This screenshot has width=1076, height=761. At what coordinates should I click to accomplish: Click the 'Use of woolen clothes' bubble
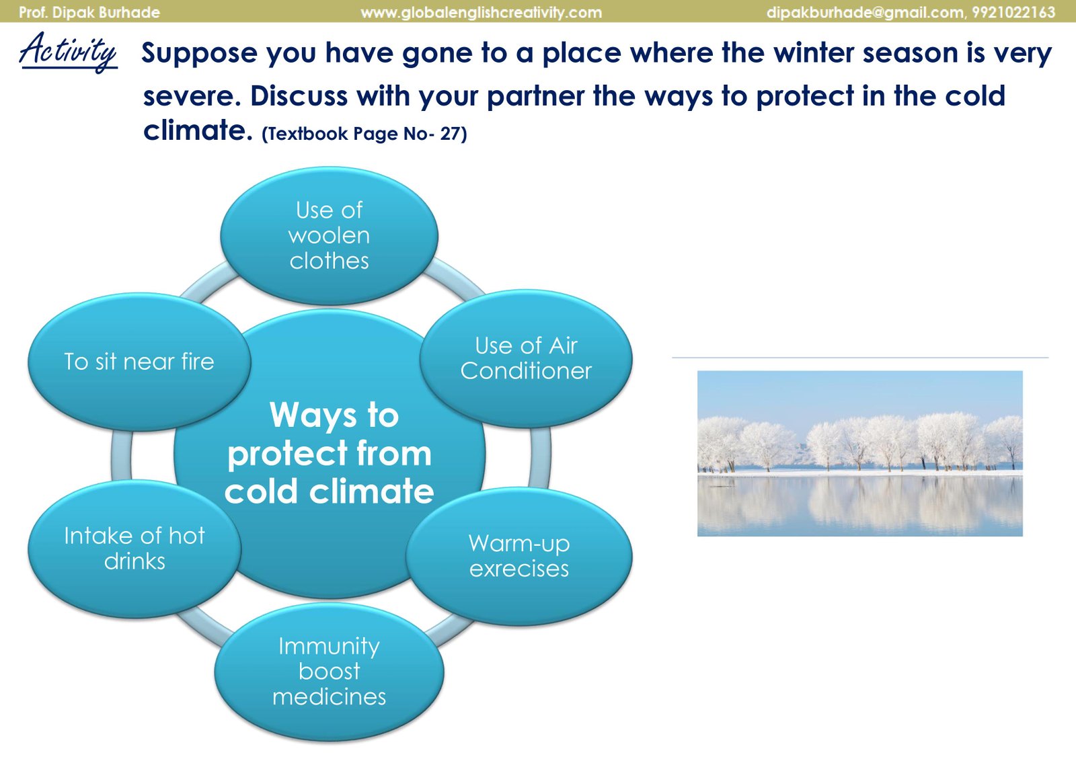329,236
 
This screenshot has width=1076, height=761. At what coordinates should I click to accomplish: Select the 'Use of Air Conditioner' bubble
526,358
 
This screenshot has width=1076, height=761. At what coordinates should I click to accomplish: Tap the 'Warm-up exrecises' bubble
518,556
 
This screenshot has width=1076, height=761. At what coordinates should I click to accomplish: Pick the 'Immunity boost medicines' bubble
329,672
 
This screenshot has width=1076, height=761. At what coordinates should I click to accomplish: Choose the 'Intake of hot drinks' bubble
134,549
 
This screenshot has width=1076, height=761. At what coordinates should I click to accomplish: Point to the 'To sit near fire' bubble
139,362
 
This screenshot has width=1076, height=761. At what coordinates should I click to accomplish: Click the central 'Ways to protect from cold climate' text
330,452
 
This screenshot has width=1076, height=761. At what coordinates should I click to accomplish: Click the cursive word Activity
68,52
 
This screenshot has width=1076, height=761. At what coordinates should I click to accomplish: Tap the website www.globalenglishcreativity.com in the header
482,12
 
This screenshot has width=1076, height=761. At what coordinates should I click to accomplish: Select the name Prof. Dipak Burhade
89,12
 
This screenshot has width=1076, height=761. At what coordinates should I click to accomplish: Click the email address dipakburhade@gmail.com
865,12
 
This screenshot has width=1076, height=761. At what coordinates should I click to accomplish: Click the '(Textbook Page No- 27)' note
364,134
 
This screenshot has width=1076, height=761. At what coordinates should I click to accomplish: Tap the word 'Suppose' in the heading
199,53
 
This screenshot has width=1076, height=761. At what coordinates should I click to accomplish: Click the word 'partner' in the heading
535,97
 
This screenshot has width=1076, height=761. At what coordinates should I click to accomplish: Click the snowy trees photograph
860,453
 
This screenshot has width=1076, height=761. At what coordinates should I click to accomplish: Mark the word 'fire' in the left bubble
198,361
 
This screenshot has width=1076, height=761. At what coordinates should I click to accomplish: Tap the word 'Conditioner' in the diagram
526,370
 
